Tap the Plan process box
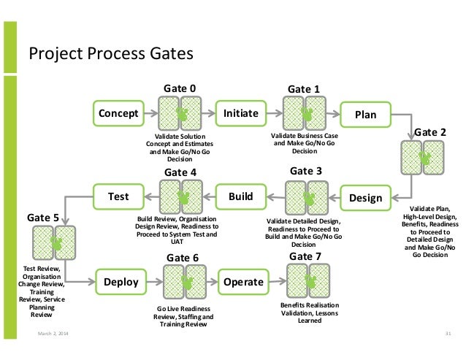pyautogui.click(x=365, y=114)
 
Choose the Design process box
pyautogui.click(x=365, y=197)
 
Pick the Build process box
pyautogui.click(x=240, y=196)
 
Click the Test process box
pyautogui.click(x=118, y=196)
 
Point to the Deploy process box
pyautogui.click(x=121, y=281)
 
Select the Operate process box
pyautogui.click(x=242, y=281)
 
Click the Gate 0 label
pyautogui.click(x=178, y=89)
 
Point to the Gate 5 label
pyautogui.click(x=44, y=218)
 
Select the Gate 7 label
pyautogui.click(x=305, y=256)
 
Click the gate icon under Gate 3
pyautogui.click(x=306, y=197)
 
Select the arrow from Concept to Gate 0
pyautogui.click(x=150, y=114)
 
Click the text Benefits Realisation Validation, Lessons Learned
pyautogui.click(x=305, y=312)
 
